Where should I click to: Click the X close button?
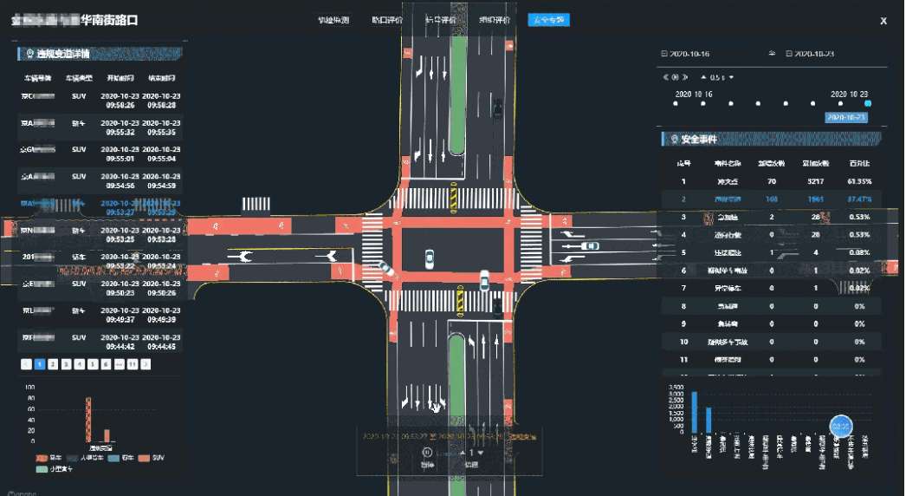883,21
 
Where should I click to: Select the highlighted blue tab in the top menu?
548,20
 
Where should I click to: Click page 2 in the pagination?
52,364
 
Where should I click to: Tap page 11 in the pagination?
133,364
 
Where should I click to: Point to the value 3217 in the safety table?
813,181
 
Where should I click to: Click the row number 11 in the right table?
683,359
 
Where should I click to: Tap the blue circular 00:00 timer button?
841,427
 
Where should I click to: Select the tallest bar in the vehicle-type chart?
88,419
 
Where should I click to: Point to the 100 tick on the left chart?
30,387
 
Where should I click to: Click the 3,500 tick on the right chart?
679,387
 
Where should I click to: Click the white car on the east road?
590,246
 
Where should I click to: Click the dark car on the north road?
497,108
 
